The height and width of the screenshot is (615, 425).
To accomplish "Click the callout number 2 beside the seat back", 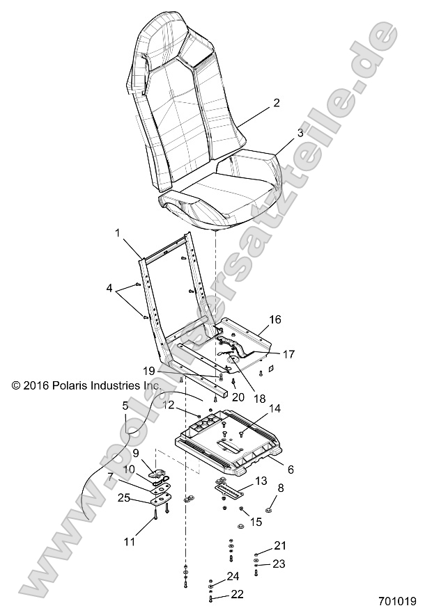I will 276,103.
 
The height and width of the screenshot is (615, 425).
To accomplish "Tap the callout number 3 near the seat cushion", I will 281,132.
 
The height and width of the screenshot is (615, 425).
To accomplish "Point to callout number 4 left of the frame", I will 109,287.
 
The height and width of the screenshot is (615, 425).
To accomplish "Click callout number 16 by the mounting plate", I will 275,319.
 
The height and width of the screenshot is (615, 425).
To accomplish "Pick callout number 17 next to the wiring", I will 288,353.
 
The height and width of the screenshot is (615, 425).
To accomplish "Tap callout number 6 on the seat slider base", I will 290,470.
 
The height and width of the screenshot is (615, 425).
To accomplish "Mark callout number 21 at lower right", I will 279,545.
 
